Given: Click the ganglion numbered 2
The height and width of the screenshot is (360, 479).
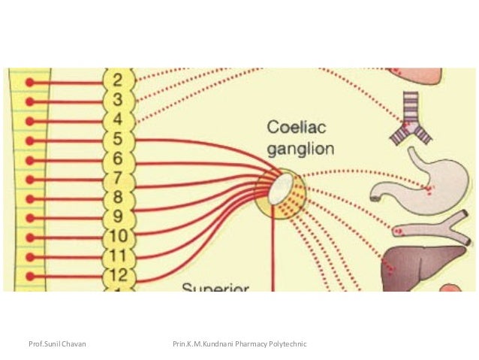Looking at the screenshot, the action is pyautogui.click(x=119, y=80).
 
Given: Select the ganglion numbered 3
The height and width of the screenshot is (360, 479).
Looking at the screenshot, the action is pyautogui.click(x=119, y=100).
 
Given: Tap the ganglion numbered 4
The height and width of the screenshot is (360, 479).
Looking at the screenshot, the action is pyautogui.click(x=119, y=119).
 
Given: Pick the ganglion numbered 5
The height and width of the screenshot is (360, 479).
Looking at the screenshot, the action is pyautogui.click(x=119, y=139).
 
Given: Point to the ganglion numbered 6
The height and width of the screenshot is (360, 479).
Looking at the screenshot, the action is pyautogui.click(x=119, y=159).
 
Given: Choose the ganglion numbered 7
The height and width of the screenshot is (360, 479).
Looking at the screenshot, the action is pyautogui.click(x=119, y=178).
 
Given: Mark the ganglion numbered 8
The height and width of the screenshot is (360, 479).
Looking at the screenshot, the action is pyautogui.click(x=119, y=198).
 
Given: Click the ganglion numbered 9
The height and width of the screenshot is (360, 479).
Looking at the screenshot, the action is pyautogui.click(x=119, y=218).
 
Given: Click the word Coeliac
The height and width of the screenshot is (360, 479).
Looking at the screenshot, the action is pyautogui.click(x=297, y=128).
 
